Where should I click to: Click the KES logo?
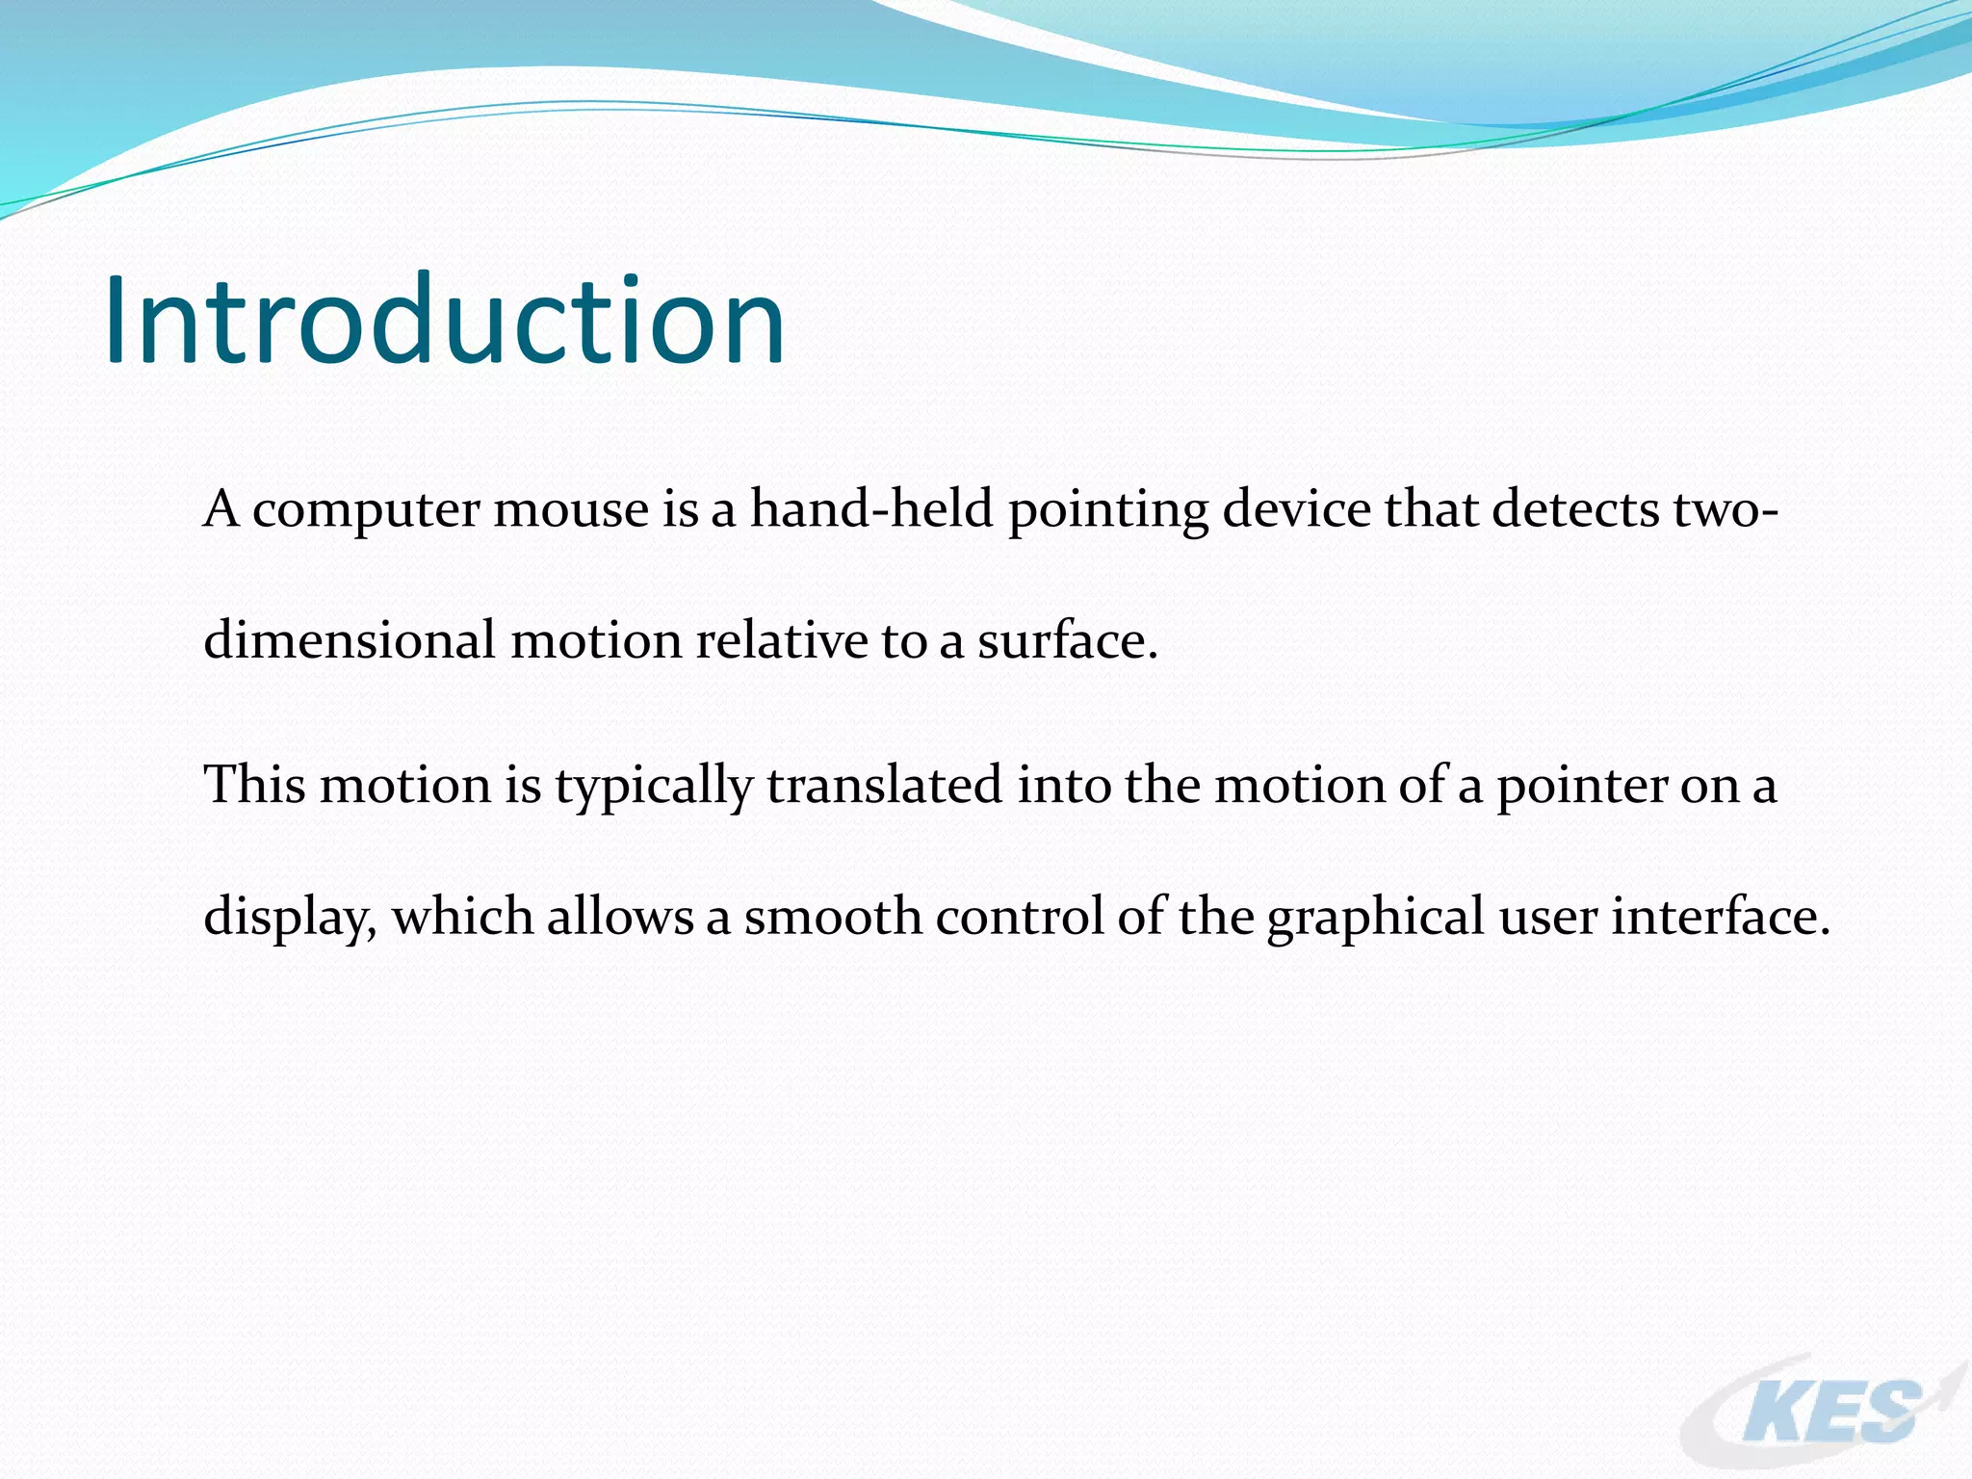(1825, 1412)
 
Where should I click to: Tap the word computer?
(365, 510)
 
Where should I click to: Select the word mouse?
(570, 510)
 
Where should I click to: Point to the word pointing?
(1107, 510)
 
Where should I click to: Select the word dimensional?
(350, 640)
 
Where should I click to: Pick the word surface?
(1066, 640)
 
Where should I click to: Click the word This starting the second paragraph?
(254, 784)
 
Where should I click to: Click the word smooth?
(832, 916)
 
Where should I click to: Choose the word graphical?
(1375, 918)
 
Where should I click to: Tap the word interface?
(1720, 916)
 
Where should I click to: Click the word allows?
(620, 916)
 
